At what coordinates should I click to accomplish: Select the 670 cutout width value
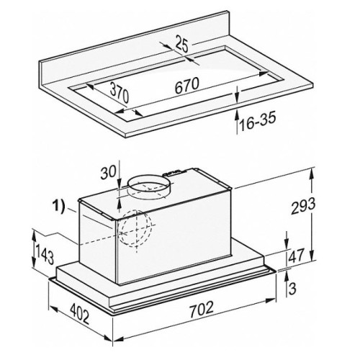coord(187,86)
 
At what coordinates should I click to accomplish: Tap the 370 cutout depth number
coord(120,93)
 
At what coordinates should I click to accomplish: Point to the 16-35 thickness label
coord(258,122)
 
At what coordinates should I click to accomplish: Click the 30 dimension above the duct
coord(108,172)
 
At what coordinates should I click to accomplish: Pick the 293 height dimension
coord(303,207)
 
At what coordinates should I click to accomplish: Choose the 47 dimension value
coord(296,256)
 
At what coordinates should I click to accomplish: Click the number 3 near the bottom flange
coord(292,288)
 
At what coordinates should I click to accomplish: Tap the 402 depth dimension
coord(80,313)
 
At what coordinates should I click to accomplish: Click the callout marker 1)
coord(58,207)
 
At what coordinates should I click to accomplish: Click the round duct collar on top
coord(149,189)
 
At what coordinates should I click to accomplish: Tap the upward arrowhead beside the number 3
coord(286,276)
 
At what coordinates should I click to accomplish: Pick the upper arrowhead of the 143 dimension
coord(34,235)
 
